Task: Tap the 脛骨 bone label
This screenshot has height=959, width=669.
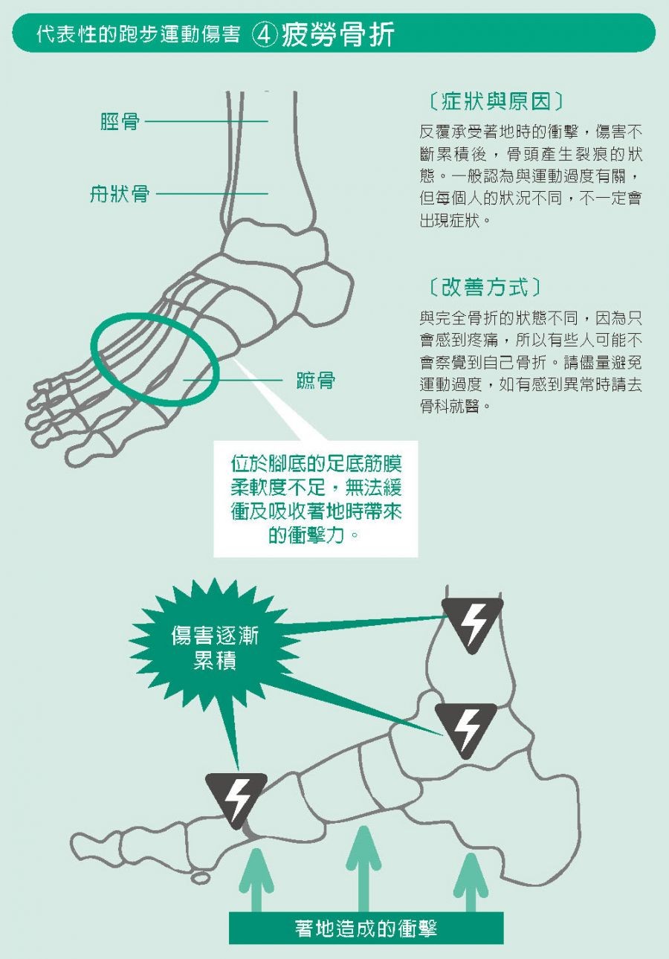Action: click(x=120, y=122)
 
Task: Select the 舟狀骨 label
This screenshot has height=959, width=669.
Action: click(x=120, y=194)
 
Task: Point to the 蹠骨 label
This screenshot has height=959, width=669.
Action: click(x=316, y=380)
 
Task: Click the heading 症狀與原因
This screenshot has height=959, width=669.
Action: click(x=495, y=101)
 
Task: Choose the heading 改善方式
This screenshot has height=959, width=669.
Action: click(x=485, y=286)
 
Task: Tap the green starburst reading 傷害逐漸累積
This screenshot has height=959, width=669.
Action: click(x=215, y=648)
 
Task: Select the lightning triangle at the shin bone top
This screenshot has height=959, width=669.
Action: click(x=472, y=626)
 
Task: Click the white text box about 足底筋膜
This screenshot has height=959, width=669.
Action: click(x=316, y=499)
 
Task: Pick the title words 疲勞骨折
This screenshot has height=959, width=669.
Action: click(x=337, y=35)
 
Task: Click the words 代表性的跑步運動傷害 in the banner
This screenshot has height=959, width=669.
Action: click(x=139, y=35)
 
